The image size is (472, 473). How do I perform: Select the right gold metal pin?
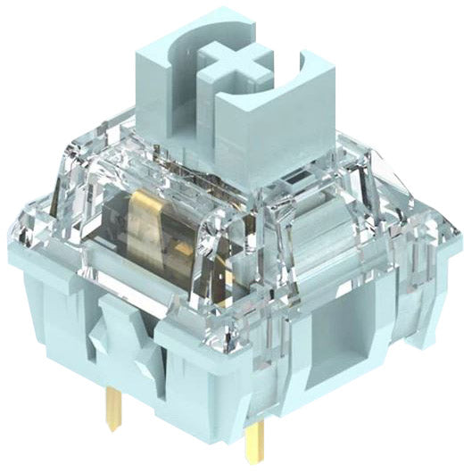(258, 442)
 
